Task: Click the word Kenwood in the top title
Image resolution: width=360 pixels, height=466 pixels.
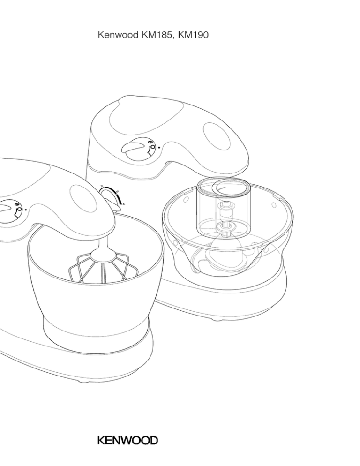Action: tap(118, 35)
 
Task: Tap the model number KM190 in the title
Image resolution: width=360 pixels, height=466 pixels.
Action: tap(193, 35)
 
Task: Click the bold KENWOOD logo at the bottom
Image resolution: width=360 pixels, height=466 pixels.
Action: tap(127, 440)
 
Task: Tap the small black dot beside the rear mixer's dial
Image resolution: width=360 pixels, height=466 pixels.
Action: tap(159, 147)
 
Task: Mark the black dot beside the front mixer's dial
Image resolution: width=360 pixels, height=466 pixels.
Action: tap(26, 209)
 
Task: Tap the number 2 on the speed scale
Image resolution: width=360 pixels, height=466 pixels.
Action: tap(102, 186)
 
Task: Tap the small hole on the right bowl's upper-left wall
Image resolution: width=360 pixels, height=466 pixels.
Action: tap(186, 198)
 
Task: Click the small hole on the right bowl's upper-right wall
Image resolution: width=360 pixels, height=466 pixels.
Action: tap(273, 205)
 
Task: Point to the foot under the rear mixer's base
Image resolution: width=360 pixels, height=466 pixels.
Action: tap(217, 319)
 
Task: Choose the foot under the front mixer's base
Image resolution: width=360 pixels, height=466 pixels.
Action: tap(84, 381)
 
